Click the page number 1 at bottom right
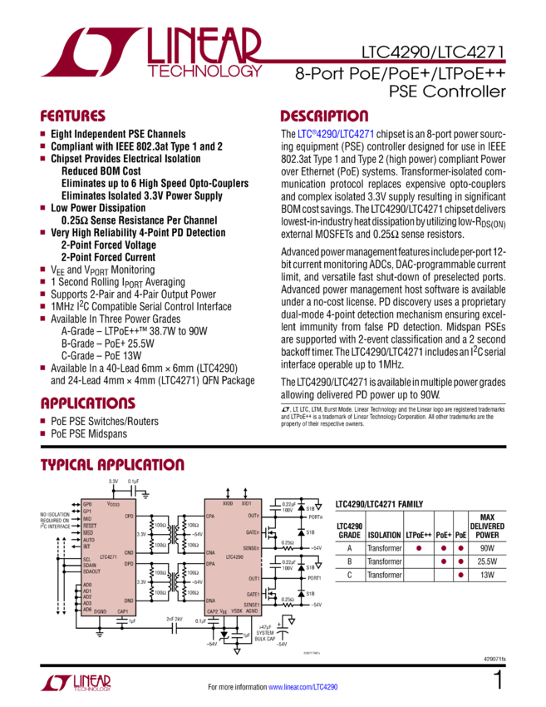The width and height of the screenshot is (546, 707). (x=499, y=681)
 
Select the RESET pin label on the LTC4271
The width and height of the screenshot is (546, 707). (x=90, y=526)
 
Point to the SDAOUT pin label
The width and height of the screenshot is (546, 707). (x=92, y=572)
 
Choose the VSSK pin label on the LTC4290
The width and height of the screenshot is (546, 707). (x=237, y=611)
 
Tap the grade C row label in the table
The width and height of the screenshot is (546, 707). (x=349, y=574)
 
